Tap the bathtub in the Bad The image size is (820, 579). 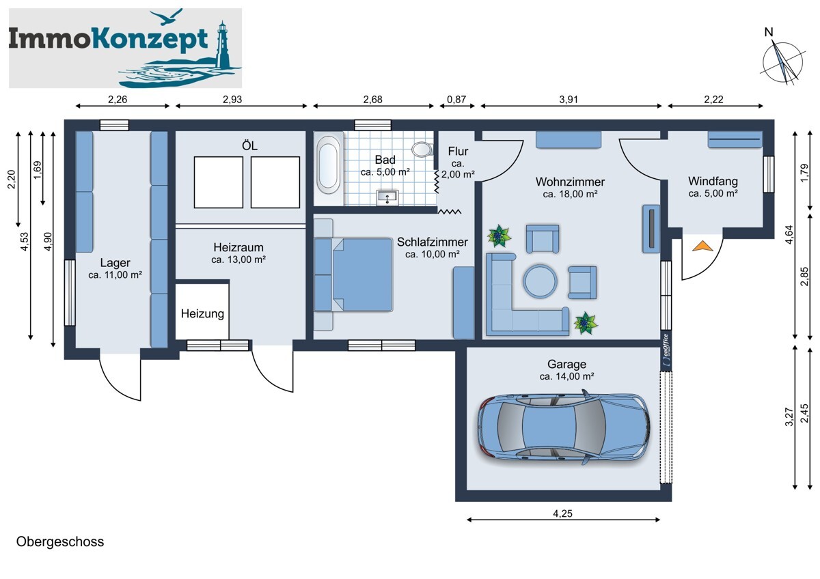point(329,164)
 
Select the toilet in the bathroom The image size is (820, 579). point(422,149)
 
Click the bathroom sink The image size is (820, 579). point(388,198)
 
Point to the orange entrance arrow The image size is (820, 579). point(700,246)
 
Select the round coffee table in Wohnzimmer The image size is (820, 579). point(541,281)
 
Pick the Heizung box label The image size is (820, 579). point(202,314)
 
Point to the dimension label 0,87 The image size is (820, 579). point(456,100)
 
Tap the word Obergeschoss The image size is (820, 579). point(60,541)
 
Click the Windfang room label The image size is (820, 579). point(713,182)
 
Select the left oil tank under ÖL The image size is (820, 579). point(218,182)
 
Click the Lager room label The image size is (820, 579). point(115,263)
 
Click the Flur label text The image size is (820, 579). point(458,152)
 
